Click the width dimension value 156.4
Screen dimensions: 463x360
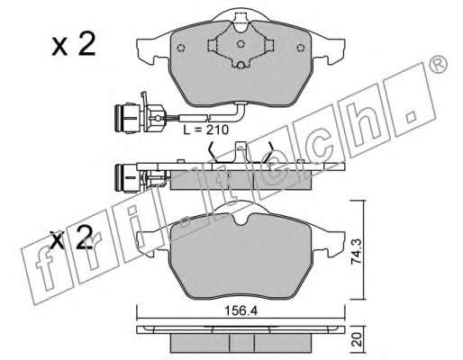point(241,311)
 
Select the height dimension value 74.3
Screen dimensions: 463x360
point(357,252)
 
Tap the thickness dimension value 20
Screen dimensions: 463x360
point(357,339)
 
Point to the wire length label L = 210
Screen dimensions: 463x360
point(206,130)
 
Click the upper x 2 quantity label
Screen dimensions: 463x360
point(74,45)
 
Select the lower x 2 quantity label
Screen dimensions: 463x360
point(72,238)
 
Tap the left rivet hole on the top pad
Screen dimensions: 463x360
point(181,48)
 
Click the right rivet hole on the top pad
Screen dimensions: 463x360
point(301,48)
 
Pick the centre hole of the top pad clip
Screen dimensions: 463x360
point(241,44)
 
